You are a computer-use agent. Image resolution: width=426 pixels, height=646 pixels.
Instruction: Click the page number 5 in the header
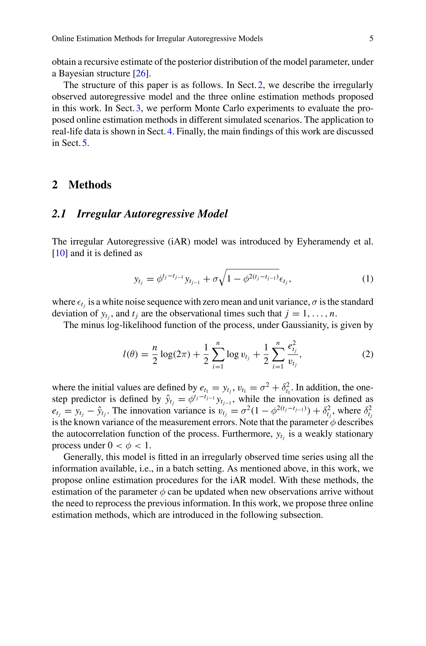tap(371, 38)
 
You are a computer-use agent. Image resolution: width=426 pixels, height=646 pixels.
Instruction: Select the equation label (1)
tap(368, 279)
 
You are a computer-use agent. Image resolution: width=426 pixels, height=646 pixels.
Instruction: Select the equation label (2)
tap(368, 354)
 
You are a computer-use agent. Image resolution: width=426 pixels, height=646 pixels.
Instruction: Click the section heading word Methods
tap(90, 185)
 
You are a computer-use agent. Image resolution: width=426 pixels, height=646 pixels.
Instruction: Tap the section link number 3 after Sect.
tap(138, 108)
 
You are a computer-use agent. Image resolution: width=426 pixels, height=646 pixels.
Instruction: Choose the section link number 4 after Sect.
tap(170, 131)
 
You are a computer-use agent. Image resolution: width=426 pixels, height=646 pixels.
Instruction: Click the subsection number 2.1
tap(59, 214)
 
